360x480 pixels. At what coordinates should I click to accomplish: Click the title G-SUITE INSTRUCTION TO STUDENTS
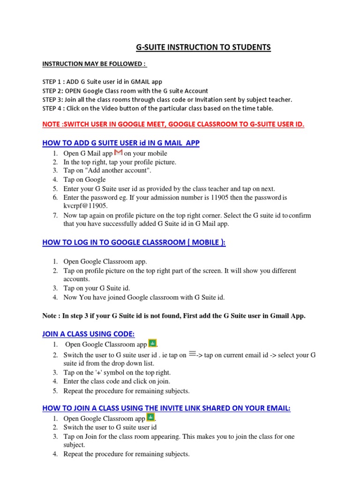(203, 47)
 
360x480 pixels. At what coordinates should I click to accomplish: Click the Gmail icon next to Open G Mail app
(118, 152)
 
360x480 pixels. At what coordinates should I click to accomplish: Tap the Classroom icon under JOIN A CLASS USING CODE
(152, 344)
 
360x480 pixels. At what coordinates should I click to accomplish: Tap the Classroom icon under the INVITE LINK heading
(150, 418)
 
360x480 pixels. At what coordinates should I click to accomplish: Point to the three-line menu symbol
(192, 354)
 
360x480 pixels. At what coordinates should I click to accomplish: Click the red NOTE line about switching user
(173, 124)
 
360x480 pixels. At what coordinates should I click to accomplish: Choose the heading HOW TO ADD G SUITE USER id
(121, 142)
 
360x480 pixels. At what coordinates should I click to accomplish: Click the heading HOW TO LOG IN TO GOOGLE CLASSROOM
(134, 242)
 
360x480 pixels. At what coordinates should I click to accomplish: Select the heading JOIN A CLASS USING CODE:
(89, 334)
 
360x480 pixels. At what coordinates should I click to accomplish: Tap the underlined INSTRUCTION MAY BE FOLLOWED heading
(94, 64)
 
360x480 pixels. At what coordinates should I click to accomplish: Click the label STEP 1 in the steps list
(52, 82)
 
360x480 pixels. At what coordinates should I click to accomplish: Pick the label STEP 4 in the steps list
(52, 108)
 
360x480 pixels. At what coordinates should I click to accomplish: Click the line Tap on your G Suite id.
(97, 288)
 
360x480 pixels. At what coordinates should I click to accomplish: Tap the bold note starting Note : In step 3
(173, 316)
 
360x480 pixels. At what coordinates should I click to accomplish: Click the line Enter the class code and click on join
(117, 382)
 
